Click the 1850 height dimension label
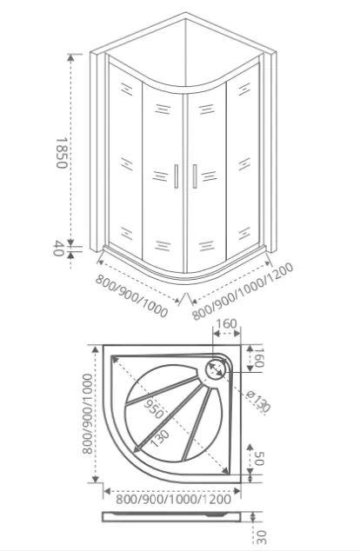pos(61,153)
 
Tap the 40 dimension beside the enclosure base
pos(59,249)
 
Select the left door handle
pos(177,176)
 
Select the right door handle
pos(195,176)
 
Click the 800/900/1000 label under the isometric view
pos(131,296)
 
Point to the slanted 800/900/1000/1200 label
pos(243,291)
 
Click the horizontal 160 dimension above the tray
pos(226,323)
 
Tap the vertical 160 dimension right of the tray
pos(259,357)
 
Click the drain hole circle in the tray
pos(215,368)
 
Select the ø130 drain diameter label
pos(258,402)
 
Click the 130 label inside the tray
pos(159,438)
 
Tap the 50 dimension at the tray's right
pos(259,459)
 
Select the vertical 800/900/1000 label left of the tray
pos(87,414)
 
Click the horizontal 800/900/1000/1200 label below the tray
pos(173,499)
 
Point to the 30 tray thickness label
pos(261,537)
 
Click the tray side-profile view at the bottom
pos(172,517)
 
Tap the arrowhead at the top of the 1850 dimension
pos(70,57)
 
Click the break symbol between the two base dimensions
pos(185,299)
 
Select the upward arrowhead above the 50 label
pos(250,448)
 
